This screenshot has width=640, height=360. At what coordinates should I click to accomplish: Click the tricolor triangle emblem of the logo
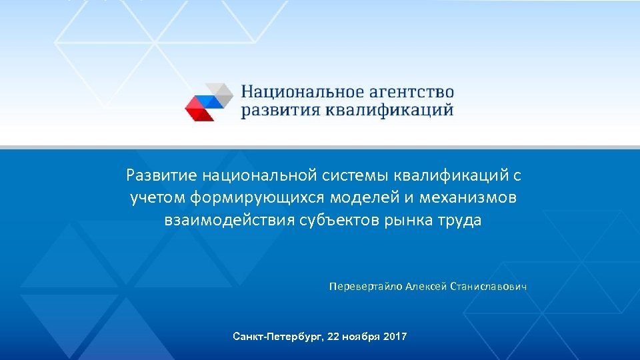(x=209, y=102)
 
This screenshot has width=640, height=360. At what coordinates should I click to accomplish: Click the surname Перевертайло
(x=365, y=287)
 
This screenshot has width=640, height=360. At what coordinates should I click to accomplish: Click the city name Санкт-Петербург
(x=275, y=337)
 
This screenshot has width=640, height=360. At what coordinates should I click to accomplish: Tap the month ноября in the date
(x=361, y=337)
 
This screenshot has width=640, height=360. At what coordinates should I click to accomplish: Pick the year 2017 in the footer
(x=395, y=337)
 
